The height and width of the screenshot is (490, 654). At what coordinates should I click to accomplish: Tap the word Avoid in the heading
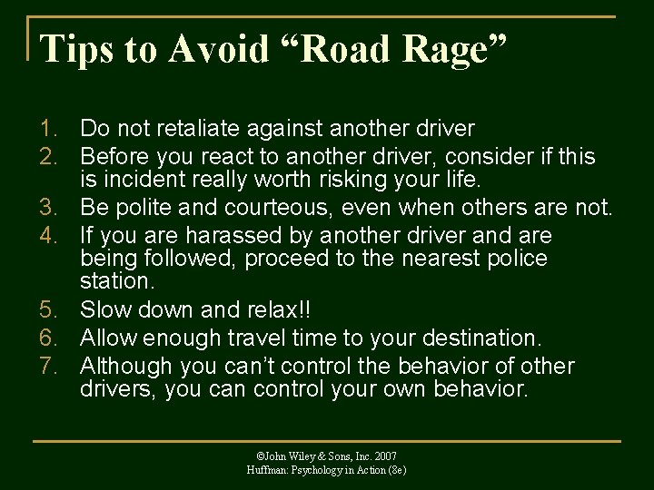pos(215,49)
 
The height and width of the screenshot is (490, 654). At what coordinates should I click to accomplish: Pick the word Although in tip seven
pos(127,366)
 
